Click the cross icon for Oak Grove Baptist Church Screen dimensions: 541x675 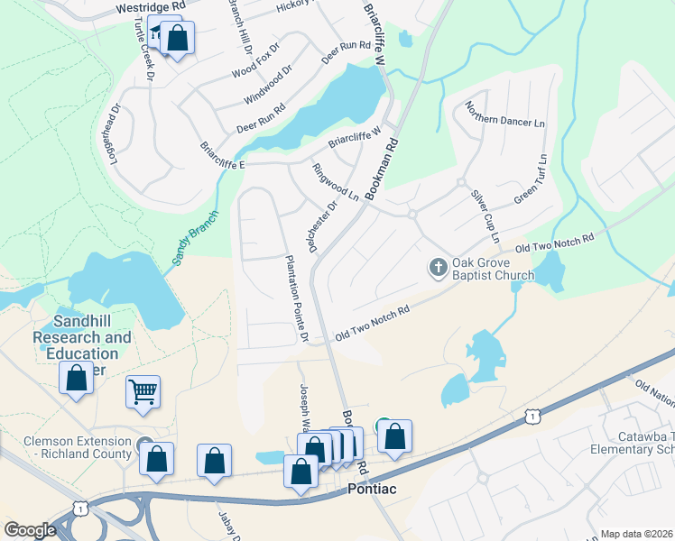pyautogui.click(x=438, y=267)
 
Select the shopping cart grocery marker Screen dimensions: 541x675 pyautogui.click(x=143, y=392)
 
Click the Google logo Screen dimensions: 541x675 pyautogui.click(x=30, y=530)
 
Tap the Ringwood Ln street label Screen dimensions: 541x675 pyautogui.click(x=335, y=181)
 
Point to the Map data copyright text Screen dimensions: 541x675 pyautogui.click(x=636, y=534)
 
